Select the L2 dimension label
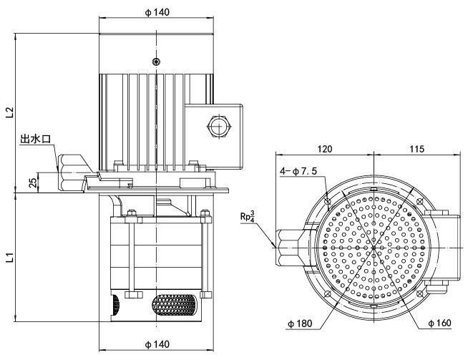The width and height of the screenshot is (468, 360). pyautogui.click(x=9, y=112)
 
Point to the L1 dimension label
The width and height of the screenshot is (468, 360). pyautogui.click(x=9, y=256)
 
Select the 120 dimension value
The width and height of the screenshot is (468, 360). pyautogui.click(x=326, y=149)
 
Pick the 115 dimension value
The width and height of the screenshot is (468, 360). pyautogui.click(x=419, y=149)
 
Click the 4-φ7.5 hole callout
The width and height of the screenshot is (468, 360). pyautogui.click(x=300, y=172)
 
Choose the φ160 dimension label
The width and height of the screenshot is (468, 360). pyautogui.click(x=439, y=324)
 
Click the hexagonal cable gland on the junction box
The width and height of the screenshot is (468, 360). pyautogui.click(x=218, y=127)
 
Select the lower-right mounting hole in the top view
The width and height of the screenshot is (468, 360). pyautogui.click(x=420, y=293)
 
